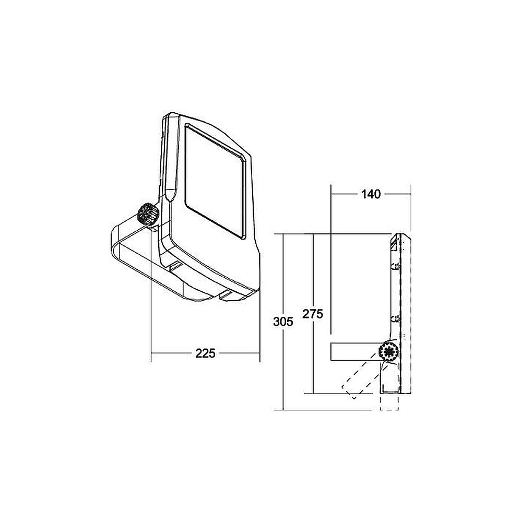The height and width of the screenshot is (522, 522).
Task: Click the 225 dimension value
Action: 205,353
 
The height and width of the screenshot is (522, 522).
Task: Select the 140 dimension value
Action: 371,194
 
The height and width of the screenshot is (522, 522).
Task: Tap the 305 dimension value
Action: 283,322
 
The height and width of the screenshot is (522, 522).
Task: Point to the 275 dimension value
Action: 313,314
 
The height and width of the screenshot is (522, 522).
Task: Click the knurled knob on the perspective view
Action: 147,213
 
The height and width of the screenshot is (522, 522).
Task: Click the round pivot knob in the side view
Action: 388,351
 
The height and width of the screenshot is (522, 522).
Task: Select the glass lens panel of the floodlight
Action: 216,182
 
